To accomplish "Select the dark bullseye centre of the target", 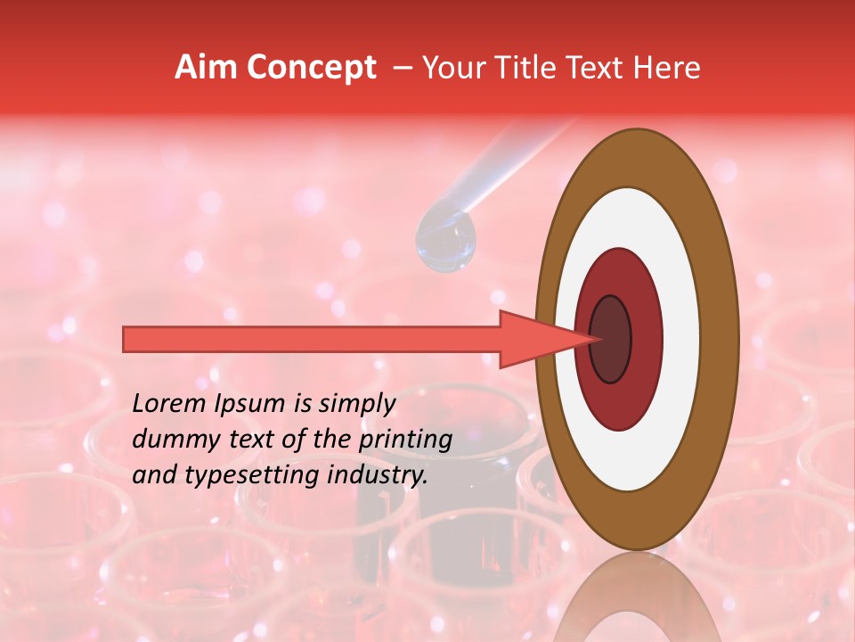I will click(x=611, y=339).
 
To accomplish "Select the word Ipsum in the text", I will click(x=260, y=404).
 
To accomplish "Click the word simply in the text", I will click(x=355, y=405).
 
